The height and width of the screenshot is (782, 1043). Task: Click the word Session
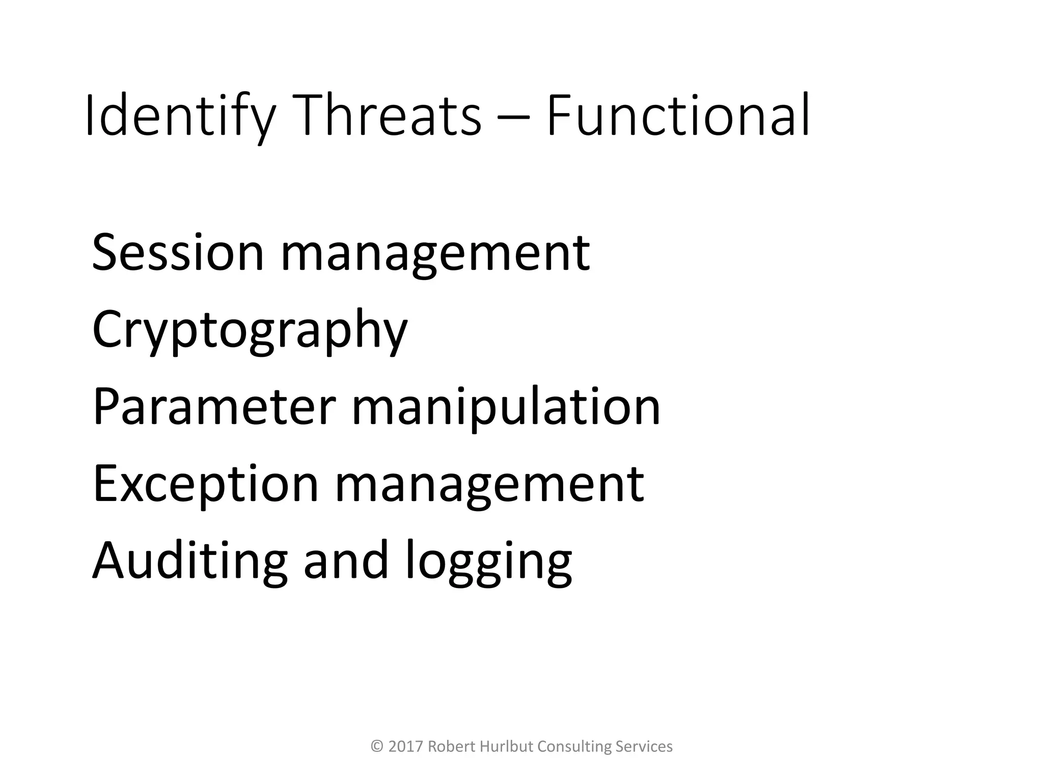[178, 253]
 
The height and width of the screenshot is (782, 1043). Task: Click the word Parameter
[214, 407]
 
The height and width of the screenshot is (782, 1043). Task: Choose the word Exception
[206, 484]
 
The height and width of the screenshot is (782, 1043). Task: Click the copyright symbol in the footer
[377, 746]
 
